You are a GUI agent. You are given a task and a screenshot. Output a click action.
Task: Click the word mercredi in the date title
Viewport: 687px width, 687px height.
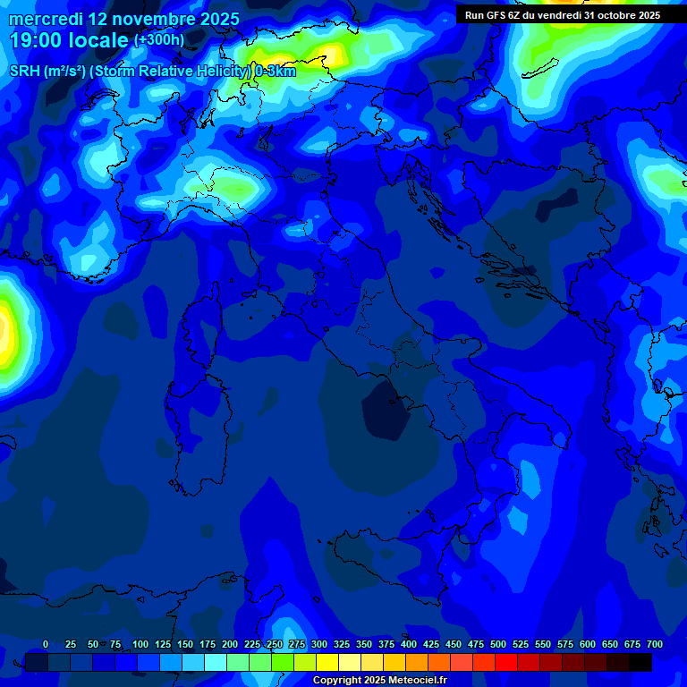pos(45,18)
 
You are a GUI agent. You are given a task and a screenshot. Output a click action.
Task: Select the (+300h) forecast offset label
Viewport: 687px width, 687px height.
pos(158,39)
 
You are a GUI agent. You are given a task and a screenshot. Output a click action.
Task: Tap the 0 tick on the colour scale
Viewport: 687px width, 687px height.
pos(46,644)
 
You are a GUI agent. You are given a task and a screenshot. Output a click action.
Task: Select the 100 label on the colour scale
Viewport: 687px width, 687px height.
pos(140,644)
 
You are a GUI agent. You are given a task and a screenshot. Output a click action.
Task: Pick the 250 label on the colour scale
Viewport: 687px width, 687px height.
pos(275,644)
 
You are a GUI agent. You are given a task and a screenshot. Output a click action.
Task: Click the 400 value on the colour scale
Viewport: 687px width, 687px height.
pos(409,644)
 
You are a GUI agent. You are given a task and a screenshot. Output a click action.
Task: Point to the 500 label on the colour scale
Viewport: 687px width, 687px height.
pos(498,644)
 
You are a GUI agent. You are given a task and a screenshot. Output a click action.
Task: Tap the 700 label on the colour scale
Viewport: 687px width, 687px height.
pos(655,644)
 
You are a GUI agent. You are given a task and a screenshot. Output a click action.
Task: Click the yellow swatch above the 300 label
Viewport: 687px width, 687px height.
pos(327,662)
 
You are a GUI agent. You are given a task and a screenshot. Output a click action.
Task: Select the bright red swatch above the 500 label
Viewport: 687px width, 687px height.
pos(506,662)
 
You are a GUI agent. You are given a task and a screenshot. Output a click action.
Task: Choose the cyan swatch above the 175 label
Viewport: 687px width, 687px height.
pos(216,662)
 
